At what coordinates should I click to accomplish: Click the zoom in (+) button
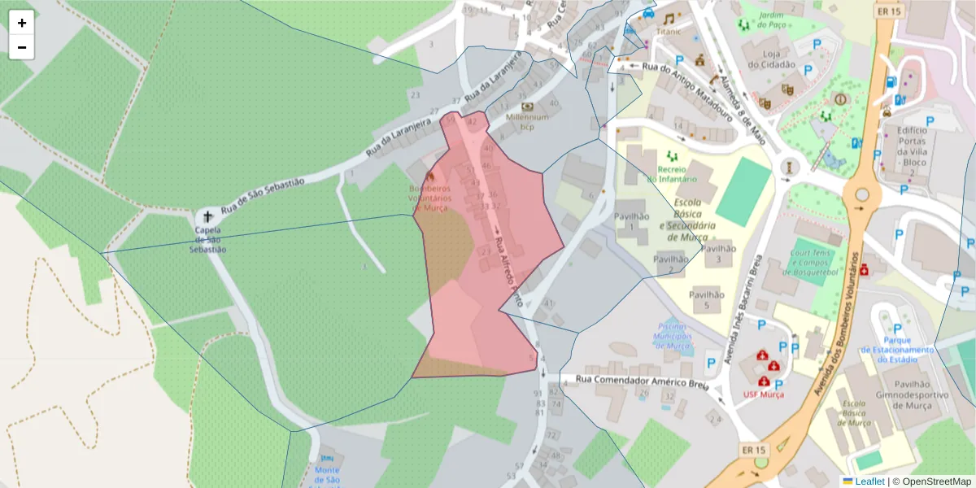point(22,23)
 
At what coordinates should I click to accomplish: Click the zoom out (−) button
point(22,47)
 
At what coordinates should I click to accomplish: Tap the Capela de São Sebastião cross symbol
point(207,217)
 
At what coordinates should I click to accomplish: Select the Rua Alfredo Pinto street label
point(505,264)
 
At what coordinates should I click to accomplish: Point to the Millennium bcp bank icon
point(527,106)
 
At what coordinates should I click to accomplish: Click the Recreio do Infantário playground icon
point(672,155)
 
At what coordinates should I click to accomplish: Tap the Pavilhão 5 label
point(706,300)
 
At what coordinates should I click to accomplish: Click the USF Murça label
point(764,394)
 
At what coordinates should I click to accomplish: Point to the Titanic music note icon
point(669,18)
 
